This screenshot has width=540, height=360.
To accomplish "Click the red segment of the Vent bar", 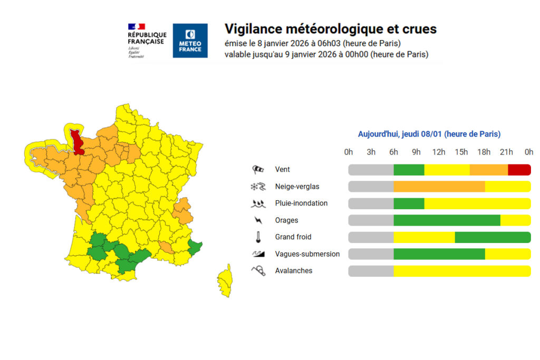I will [519, 170].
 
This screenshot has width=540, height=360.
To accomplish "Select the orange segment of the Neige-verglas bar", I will [439, 187].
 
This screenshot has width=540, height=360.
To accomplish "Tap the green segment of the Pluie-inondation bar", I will [409, 203].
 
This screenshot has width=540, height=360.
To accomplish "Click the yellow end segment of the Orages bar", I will [515, 220].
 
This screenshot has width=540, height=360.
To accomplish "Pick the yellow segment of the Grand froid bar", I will [424, 237].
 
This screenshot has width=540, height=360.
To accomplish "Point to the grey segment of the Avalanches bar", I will [371, 271].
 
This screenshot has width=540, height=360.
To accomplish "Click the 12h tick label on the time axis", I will [439, 152].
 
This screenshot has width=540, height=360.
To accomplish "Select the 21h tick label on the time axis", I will [506, 152].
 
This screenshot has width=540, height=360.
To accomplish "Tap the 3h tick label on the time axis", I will [371, 152].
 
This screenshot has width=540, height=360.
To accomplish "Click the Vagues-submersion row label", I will [307, 254].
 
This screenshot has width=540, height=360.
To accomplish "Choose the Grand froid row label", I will [294, 237].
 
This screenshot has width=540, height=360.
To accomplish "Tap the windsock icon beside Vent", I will [258, 170].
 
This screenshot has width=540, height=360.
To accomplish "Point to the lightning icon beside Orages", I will [258, 220].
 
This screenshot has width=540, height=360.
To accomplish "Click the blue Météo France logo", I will [190, 41].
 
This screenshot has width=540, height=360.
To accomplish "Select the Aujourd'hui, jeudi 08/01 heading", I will [429, 134].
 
